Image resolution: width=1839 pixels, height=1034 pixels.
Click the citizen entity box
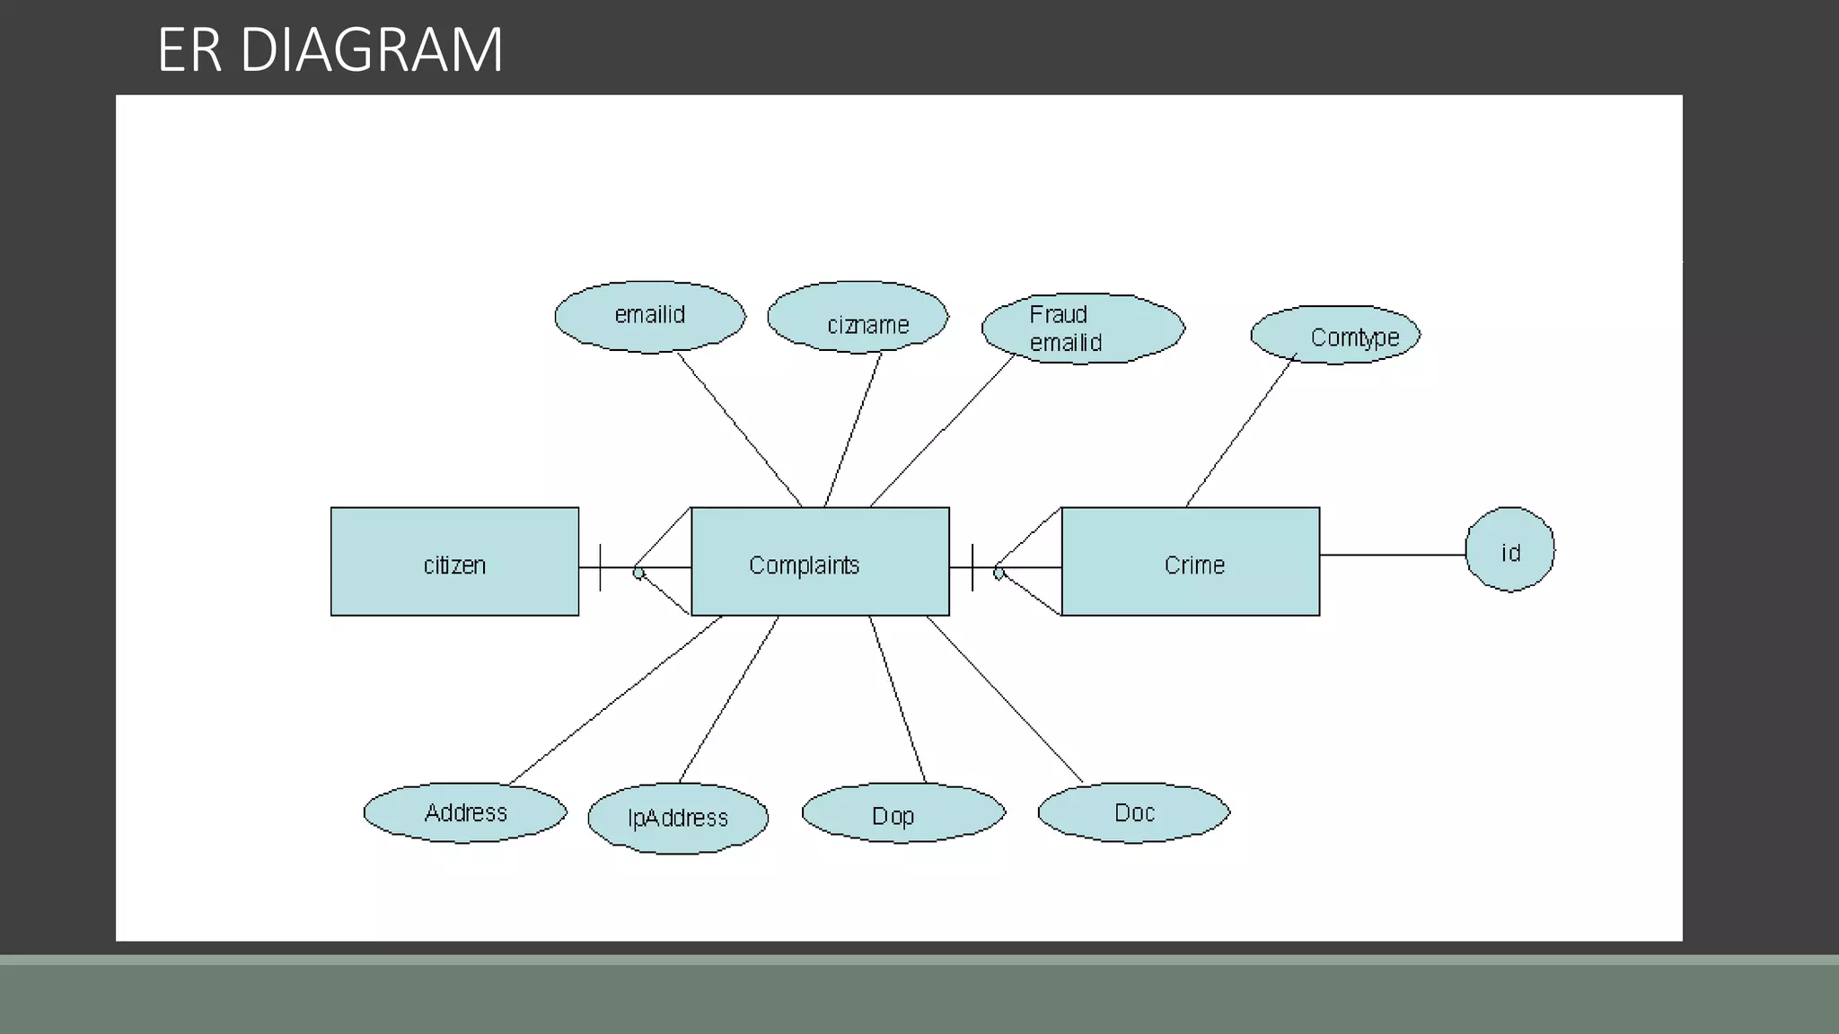(454, 562)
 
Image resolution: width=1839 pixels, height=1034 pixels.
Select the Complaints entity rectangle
(819, 562)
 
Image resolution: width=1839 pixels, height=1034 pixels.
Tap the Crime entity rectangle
(1190, 562)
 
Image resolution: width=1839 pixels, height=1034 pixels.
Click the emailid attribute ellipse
(649, 316)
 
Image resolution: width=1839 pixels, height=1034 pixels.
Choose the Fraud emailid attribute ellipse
(1083, 329)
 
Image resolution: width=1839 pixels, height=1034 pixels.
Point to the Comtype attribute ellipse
(1335, 335)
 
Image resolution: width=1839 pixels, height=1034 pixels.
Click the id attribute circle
(1509, 549)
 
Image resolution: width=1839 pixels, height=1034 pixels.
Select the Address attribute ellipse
(465, 812)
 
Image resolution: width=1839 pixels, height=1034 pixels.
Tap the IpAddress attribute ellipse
(678, 818)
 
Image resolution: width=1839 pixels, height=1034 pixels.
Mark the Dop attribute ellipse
(902, 813)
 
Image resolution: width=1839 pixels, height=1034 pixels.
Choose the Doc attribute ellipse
(1133, 812)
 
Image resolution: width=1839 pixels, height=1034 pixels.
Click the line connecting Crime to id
(1392, 555)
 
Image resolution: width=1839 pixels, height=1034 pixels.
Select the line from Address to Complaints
(615, 700)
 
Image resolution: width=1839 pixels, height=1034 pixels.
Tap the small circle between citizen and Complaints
(638, 572)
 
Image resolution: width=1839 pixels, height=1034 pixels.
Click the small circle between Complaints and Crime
(999, 572)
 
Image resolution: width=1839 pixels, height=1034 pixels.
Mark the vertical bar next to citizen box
(600, 567)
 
